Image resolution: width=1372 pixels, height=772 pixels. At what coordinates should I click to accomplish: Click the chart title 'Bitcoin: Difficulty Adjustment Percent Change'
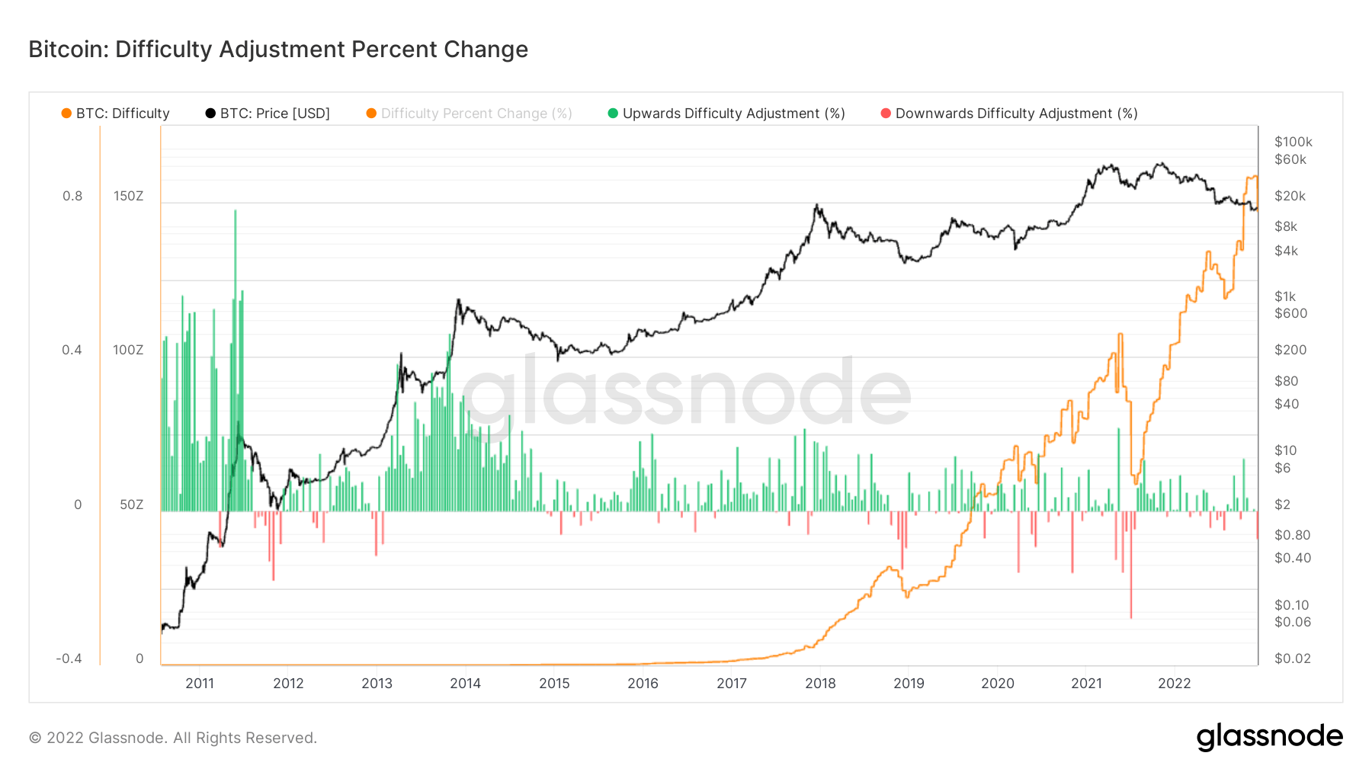point(278,50)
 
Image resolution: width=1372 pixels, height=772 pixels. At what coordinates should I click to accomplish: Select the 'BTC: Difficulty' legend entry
point(122,114)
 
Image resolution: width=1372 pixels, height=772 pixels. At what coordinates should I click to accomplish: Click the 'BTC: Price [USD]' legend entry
point(274,114)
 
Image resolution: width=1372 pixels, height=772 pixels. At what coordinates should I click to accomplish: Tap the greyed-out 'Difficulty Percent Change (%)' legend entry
point(476,114)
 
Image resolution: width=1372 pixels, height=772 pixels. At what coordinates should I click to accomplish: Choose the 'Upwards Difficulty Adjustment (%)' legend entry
point(733,114)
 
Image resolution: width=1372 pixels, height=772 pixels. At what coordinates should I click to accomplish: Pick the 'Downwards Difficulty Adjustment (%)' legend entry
point(1016,114)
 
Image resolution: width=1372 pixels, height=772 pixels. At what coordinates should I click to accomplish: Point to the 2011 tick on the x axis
point(200,684)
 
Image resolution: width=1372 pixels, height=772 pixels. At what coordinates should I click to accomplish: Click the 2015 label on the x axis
point(554,684)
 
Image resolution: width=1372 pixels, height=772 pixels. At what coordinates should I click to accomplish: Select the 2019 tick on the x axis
point(909,684)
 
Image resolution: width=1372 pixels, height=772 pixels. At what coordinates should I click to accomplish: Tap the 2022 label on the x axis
point(1174,684)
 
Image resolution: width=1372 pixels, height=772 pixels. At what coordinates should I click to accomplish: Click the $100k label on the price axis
point(1293,142)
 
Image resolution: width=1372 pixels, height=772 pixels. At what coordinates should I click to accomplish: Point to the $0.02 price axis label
point(1293,658)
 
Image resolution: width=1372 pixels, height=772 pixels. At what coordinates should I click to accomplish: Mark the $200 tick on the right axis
point(1290,350)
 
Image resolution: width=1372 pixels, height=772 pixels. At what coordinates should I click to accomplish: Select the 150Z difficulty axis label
point(128,196)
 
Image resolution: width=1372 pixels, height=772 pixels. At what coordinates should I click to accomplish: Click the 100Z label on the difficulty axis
point(128,350)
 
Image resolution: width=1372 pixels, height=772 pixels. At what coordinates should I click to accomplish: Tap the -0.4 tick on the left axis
point(69,658)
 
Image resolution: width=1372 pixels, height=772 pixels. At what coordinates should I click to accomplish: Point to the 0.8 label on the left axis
point(72,196)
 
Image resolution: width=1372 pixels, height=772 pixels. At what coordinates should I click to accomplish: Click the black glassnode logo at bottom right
point(1269,737)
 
